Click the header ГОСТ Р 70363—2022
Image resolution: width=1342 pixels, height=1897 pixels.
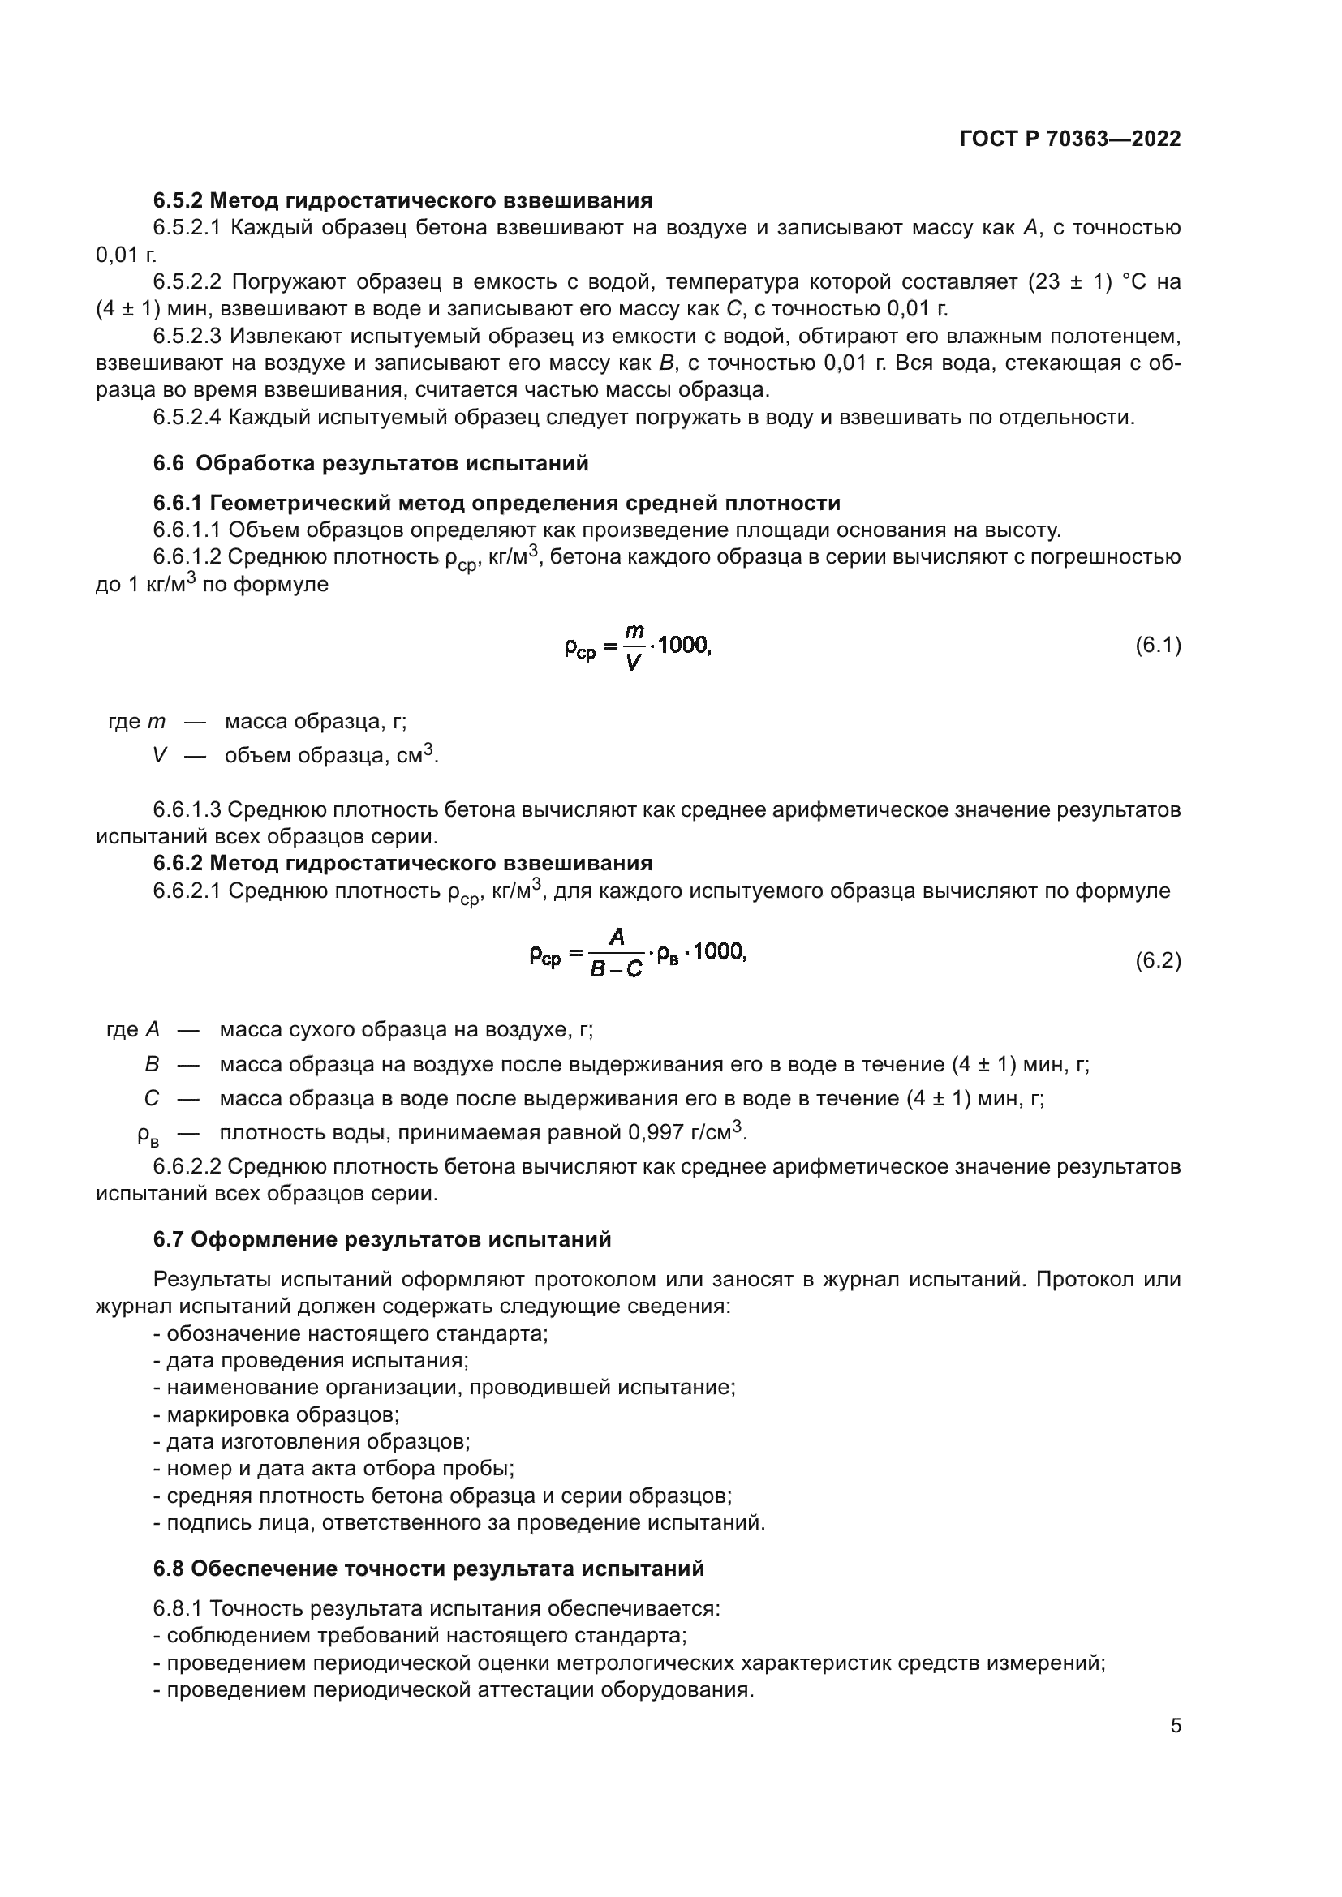(1070, 139)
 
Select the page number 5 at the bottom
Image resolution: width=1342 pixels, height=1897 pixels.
(1175, 1726)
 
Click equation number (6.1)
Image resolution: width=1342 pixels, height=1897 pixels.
(1158, 646)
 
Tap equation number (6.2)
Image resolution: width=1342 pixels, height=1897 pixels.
(1158, 960)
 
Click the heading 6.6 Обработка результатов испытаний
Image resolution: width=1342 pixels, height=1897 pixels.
(371, 464)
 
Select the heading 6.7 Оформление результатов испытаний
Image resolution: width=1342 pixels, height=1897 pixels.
(382, 1239)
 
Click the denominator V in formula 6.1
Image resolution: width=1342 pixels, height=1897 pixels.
(633, 662)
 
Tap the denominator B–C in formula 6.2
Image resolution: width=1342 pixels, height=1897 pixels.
(617, 969)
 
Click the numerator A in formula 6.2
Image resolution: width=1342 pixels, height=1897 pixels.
(617, 937)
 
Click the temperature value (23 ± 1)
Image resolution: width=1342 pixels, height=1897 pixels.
(1070, 282)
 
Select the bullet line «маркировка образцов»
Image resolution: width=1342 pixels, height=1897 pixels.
(276, 1414)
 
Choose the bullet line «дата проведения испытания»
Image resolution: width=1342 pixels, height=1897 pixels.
(311, 1360)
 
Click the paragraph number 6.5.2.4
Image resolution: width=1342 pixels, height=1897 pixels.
(187, 417)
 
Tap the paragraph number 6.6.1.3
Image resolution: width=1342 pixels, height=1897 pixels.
(187, 809)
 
